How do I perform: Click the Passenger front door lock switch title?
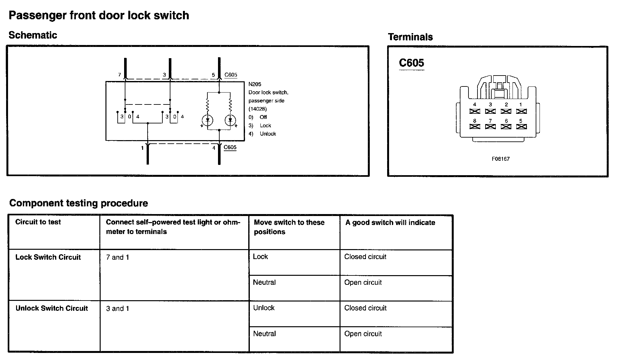coord(99,15)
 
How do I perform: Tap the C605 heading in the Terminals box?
coord(411,63)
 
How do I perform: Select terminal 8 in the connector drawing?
coord(475,126)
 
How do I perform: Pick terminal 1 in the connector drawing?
coord(521,111)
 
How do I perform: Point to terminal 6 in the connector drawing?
coord(506,126)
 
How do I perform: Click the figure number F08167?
coord(500,159)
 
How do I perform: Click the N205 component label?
coord(255,84)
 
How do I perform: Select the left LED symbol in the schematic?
coord(207,121)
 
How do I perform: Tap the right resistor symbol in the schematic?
coord(230,104)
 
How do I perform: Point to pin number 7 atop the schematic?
coord(119,75)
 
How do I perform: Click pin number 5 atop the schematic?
coord(213,75)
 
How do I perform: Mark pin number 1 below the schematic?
coord(142,148)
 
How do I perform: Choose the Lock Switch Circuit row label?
coord(48,257)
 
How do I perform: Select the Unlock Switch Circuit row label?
coord(51,308)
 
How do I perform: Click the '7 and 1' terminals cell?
coord(117,257)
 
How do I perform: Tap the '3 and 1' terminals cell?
coord(117,309)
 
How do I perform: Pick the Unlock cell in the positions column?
coord(264,308)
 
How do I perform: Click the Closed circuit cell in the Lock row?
coord(365,257)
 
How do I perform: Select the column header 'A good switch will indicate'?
coord(390,222)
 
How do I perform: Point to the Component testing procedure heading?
coord(78,203)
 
